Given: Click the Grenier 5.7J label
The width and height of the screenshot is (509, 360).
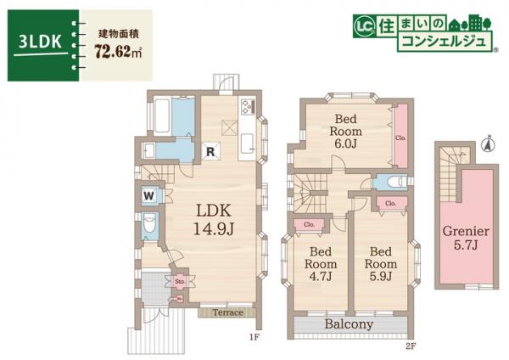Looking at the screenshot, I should [x=465, y=238].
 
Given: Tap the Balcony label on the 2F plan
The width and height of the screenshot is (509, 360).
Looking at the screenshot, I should [x=349, y=324].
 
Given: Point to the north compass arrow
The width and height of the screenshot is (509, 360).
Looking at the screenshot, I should [x=488, y=143].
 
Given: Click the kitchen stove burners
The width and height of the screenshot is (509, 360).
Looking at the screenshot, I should [x=247, y=108].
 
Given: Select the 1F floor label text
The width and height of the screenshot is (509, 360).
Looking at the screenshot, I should [x=253, y=337].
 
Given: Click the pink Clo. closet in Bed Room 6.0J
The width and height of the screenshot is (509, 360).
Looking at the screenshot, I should [x=400, y=135].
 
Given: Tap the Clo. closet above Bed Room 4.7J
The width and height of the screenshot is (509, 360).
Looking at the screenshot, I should [x=307, y=223].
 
